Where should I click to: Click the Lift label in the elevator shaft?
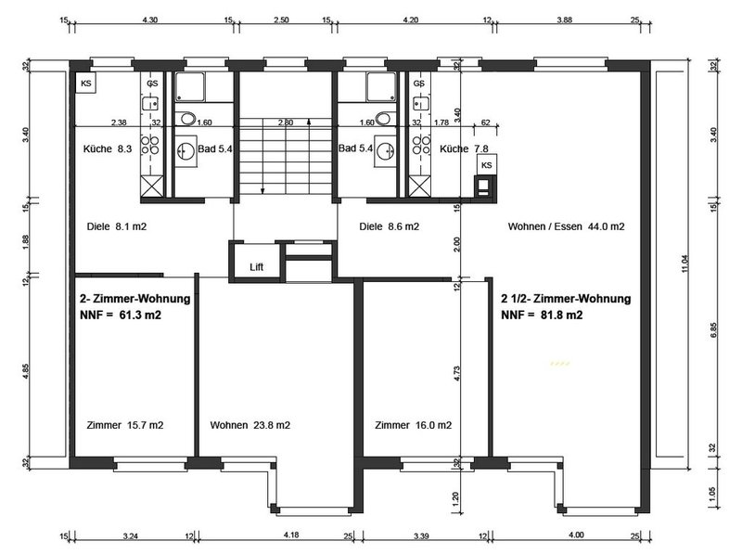tap(256, 267)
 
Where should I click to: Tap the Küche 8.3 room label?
tap(108, 148)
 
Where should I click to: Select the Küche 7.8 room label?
tap(464, 148)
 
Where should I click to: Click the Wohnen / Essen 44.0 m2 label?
tap(566, 226)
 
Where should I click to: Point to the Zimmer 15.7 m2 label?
tap(125, 425)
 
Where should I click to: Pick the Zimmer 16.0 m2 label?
tap(413, 425)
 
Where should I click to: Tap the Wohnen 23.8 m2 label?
tap(249, 425)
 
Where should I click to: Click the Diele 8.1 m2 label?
tap(117, 226)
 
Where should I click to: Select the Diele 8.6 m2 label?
tap(389, 226)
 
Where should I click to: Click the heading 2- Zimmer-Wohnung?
tap(134, 299)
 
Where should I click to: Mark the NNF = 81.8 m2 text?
tap(542, 315)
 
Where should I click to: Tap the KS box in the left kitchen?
tap(86, 84)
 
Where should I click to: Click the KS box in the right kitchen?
tap(486, 165)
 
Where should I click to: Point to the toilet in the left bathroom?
tap(188, 119)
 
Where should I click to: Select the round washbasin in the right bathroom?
tap(385, 151)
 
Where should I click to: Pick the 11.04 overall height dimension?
tap(684, 264)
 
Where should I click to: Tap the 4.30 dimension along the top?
tap(150, 20)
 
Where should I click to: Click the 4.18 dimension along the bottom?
tap(291, 535)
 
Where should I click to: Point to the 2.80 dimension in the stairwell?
tap(286, 122)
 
